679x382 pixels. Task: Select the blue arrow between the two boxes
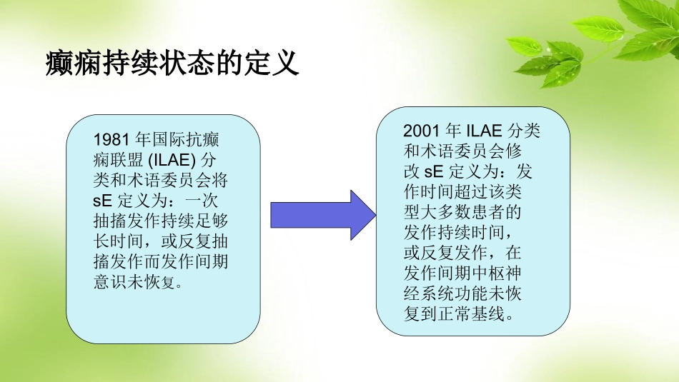(322, 215)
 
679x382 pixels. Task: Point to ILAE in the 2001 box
(486, 131)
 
